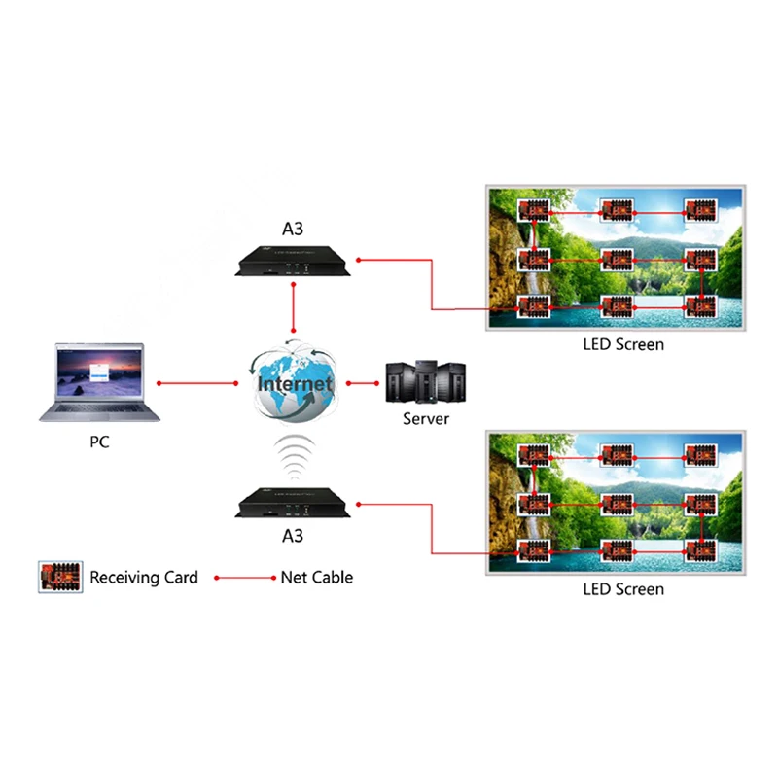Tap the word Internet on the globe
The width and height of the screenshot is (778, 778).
[x=295, y=384]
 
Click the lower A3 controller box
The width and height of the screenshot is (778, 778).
[x=288, y=503]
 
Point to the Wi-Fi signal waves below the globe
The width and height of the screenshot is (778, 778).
[x=293, y=454]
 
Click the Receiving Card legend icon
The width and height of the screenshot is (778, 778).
[x=59, y=577]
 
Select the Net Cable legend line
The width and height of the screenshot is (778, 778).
[x=245, y=578]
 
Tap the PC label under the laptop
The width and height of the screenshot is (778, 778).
[x=98, y=443]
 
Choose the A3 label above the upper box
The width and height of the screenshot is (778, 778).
[x=293, y=230]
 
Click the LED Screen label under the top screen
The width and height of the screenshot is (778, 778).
[x=623, y=344]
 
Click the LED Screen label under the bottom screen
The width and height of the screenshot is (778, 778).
[x=623, y=589]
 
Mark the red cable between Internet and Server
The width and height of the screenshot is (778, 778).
[x=361, y=384]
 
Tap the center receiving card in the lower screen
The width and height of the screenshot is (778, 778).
[x=617, y=504]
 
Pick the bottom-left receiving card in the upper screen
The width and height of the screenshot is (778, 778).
[x=533, y=305]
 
